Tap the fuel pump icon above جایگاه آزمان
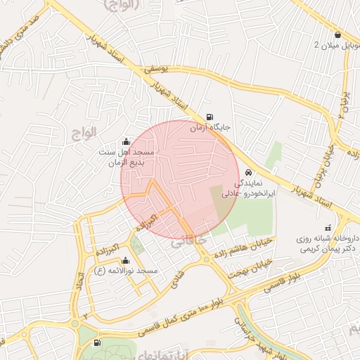209,117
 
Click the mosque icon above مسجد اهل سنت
126,141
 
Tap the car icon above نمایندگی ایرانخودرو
249,172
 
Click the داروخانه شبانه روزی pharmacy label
328,243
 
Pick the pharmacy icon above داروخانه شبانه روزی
327,228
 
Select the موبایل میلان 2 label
336,46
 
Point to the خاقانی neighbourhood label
190,240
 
